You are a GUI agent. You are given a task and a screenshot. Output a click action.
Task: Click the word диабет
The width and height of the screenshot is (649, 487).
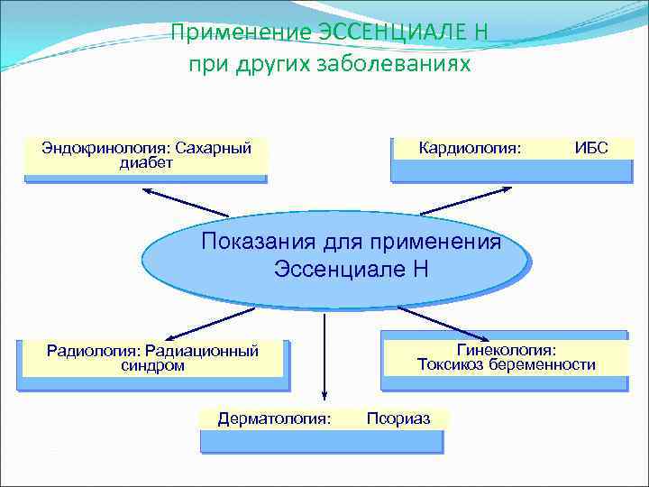click(146, 163)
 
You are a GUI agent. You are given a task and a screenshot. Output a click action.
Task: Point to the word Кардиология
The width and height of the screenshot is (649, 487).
click(470, 148)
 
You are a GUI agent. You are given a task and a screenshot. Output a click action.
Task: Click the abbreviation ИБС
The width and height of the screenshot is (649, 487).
click(591, 148)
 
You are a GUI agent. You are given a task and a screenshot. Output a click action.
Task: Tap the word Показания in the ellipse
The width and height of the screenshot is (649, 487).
click(245, 242)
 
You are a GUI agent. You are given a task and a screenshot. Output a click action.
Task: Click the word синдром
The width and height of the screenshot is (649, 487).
click(152, 365)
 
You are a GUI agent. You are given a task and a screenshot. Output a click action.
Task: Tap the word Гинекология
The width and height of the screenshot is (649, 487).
click(507, 349)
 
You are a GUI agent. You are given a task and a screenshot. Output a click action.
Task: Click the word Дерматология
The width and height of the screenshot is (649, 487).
click(274, 418)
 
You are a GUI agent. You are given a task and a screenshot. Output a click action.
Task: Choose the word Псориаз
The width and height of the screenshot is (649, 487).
click(398, 418)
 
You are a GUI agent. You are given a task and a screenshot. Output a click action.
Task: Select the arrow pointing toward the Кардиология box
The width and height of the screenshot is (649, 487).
click(469, 200)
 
